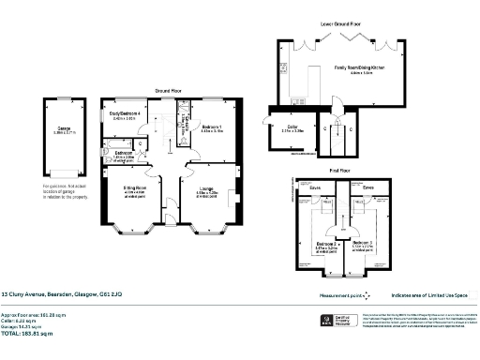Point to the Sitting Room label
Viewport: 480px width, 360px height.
pyautogui.click(x=136, y=188)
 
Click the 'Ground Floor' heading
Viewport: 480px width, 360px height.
pyautogui.click(x=170, y=91)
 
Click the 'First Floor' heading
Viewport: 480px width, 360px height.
pyautogui.click(x=339, y=172)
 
